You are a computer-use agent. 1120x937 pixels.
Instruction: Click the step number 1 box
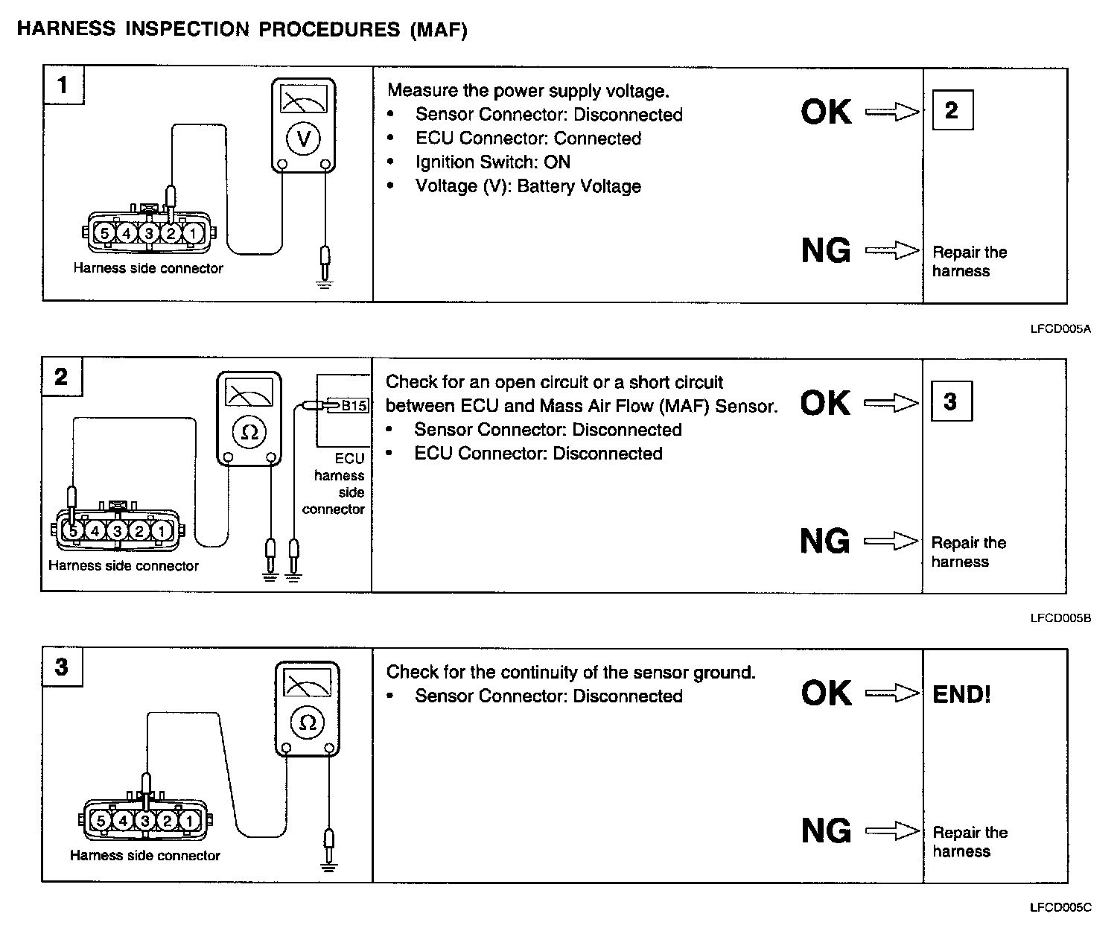tap(63, 86)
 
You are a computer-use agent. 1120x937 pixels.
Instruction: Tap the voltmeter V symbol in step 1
tap(303, 138)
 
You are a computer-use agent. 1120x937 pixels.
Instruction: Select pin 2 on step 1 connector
tap(171, 234)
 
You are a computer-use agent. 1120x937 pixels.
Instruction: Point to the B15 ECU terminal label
tap(354, 406)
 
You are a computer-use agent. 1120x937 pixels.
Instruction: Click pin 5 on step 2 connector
tap(73, 531)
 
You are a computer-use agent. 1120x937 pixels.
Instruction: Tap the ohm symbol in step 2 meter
tap(249, 432)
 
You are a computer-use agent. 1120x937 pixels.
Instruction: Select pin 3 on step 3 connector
tap(145, 821)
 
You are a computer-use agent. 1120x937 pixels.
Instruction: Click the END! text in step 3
tap(961, 695)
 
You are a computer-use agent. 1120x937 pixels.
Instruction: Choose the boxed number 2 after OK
tap(952, 111)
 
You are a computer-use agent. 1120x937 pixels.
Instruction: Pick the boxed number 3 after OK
tap(951, 402)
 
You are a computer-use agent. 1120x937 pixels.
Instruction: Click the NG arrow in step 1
tap(892, 251)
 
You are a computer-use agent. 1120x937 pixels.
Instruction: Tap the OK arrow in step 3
tap(892, 693)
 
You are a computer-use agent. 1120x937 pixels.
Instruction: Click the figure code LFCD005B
tap(1060, 617)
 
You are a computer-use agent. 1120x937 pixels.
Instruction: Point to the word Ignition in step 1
tap(446, 162)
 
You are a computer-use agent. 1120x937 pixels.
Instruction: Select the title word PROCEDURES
tap(328, 30)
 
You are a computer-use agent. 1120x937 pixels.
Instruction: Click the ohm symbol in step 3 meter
tap(308, 722)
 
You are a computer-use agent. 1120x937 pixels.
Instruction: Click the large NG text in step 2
tap(825, 541)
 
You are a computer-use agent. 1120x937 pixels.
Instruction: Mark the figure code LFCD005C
tap(1060, 907)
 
